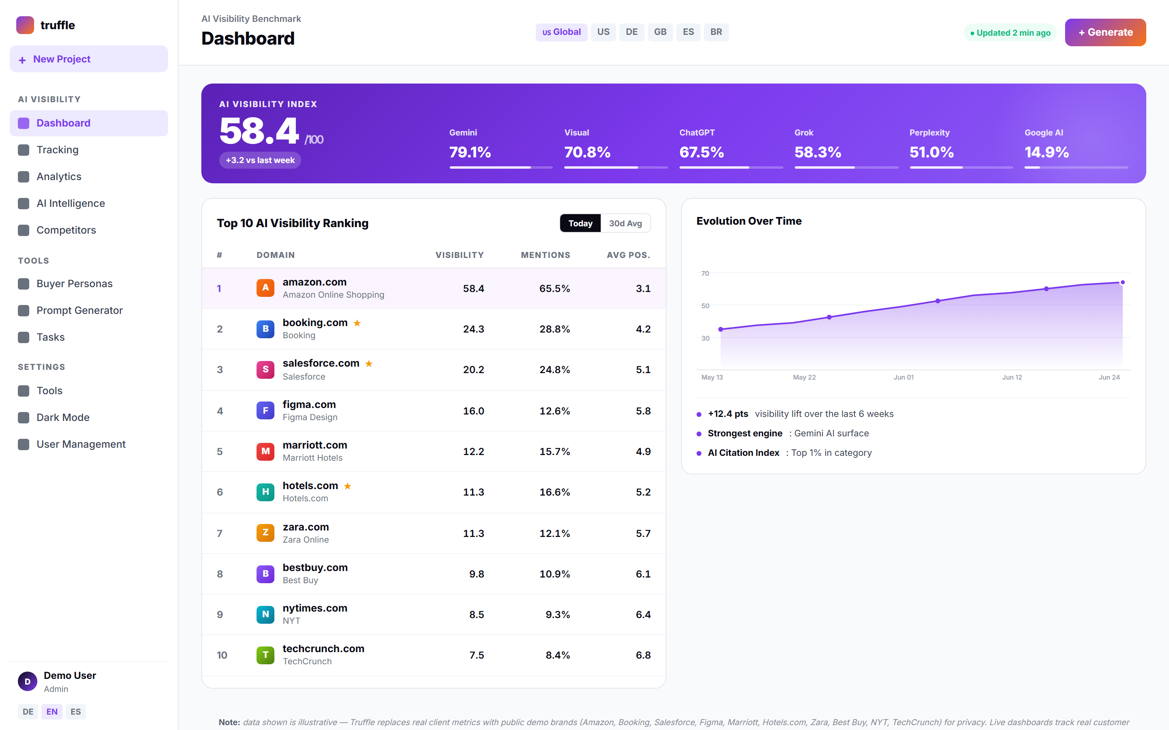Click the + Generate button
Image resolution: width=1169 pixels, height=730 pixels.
(x=1105, y=32)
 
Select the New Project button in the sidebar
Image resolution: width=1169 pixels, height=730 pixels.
(x=89, y=59)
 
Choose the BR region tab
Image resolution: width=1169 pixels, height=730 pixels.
(x=716, y=32)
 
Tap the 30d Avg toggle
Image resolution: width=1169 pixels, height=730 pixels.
(x=625, y=223)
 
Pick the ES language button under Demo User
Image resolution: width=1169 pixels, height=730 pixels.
(x=76, y=712)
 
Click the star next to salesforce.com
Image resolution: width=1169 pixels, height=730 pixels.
(x=369, y=363)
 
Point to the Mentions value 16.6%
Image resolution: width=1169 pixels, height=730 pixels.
(x=554, y=492)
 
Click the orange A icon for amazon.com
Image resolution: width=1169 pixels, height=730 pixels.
(x=265, y=288)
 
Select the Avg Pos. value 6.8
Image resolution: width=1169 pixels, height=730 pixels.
(x=643, y=655)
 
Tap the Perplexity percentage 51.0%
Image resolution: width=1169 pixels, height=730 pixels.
(x=931, y=152)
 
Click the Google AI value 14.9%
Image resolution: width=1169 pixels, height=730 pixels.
(x=1046, y=152)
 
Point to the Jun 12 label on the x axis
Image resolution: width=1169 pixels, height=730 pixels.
(x=1012, y=377)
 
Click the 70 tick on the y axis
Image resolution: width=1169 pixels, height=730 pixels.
(x=705, y=273)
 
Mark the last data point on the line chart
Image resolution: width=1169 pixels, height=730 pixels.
(x=1123, y=282)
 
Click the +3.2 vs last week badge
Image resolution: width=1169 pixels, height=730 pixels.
(x=260, y=160)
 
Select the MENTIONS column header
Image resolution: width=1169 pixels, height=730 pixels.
(x=546, y=255)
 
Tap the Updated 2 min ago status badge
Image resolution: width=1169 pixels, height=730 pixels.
(x=1010, y=33)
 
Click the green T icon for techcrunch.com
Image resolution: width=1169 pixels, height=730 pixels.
(x=265, y=655)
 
